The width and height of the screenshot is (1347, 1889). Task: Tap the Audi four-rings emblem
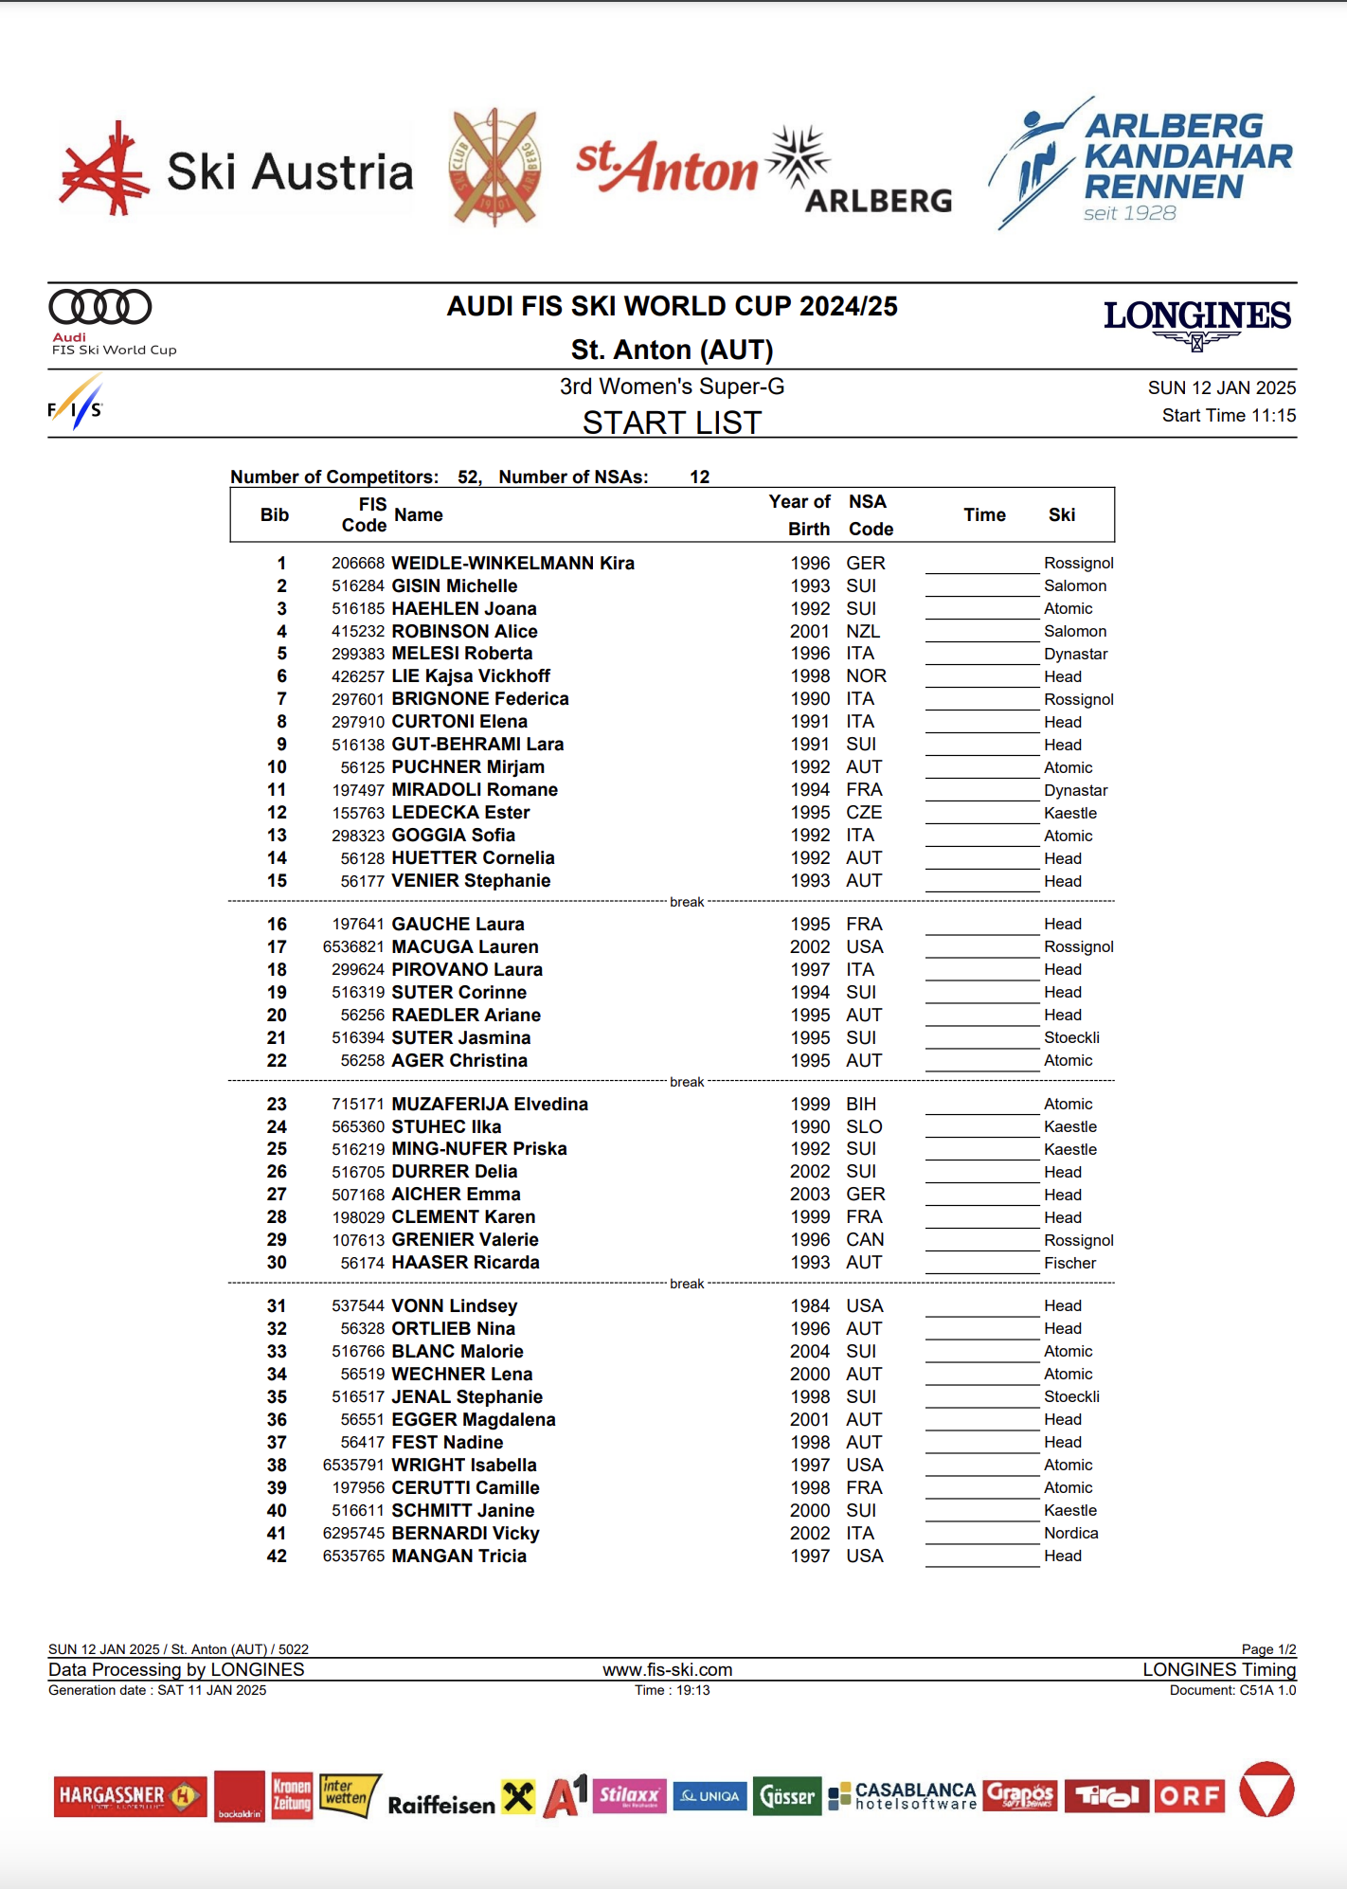click(99, 307)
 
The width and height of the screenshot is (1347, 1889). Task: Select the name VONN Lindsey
click(454, 1305)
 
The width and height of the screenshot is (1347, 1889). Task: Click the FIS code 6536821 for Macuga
click(353, 946)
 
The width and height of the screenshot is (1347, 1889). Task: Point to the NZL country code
click(863, 631)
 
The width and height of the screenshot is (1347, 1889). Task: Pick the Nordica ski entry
click(1070, 1533)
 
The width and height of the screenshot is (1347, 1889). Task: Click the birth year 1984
click(810, 1305)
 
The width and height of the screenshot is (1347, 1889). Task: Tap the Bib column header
click(275, 514)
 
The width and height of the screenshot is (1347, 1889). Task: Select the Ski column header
click(1061, 514)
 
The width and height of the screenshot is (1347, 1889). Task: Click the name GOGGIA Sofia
click(453, 835)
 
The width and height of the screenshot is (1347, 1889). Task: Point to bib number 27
click(277, 1194)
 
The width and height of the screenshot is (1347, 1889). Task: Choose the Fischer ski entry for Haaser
click(1069, 1263)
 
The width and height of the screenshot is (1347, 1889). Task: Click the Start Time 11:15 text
click(1229, 415)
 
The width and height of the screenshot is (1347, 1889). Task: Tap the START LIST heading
click(672, 423)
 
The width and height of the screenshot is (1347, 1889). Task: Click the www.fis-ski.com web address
click(667, 1669)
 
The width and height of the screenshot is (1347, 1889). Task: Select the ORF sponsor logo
click(1189, 1796)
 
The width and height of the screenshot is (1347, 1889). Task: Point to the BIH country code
click(861, 1104)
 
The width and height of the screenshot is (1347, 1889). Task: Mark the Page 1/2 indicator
click(1268, 1649)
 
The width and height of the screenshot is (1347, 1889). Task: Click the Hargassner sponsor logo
click(130, 1796)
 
